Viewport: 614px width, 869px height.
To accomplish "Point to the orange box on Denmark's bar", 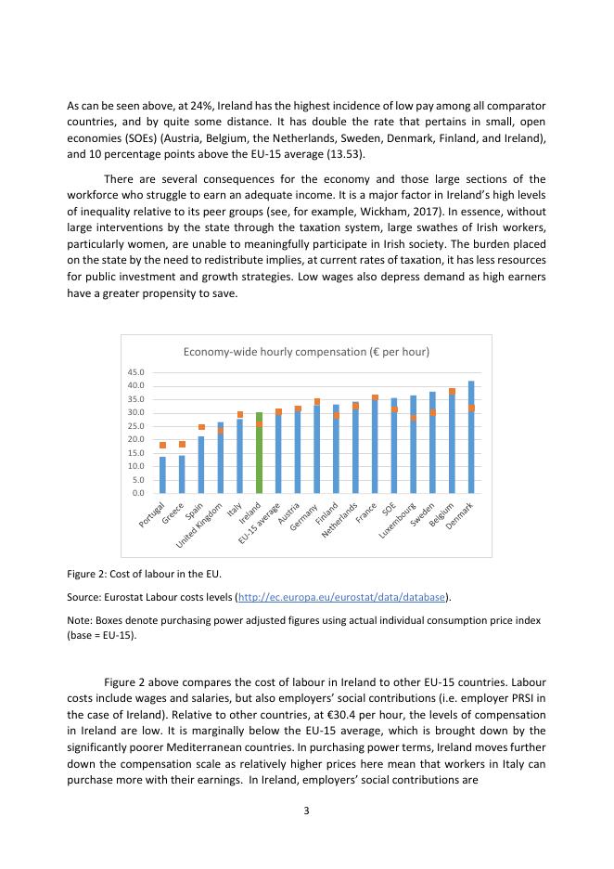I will coord(471,408).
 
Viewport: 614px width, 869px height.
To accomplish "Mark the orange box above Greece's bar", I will coord(182,444).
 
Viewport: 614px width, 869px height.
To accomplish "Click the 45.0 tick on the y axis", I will coord(135,373).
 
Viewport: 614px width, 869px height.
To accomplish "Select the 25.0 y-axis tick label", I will coord(135,426).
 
